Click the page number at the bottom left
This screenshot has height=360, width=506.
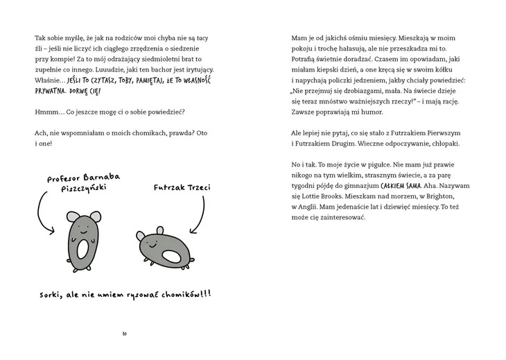[x=123, y=334]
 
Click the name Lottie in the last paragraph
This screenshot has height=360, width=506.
[x=307, y=196]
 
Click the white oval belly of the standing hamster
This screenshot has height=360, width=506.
[x=82, y=248]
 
